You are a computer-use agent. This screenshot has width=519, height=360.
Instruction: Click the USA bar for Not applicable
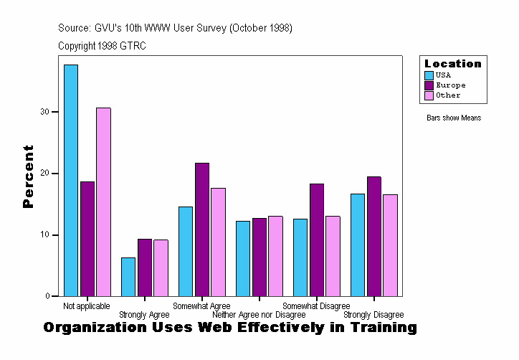(x=71, y=180)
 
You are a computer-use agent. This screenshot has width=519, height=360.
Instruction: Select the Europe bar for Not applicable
(x=87, y=239)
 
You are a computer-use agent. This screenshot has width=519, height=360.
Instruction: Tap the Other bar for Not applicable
(x=103, y=202)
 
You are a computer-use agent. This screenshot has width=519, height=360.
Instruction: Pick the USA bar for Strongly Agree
(x=128, y=277)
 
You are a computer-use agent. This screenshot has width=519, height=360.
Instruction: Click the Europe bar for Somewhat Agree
(x=201, y=229)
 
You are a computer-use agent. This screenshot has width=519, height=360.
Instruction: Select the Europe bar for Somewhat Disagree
(x=316, y=240)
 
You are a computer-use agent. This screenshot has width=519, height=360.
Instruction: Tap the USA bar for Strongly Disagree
(x=358, y=245)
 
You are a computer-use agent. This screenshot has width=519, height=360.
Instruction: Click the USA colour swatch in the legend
(x=429, y=75)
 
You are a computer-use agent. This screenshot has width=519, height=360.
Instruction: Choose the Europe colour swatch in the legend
(x=429, y=85)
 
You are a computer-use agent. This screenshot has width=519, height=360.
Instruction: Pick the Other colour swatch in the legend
(x=429, y=95)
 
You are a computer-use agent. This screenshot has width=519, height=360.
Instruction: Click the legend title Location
(x=452, y=64)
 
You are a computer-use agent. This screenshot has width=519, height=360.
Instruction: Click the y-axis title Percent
(x=28, y=176)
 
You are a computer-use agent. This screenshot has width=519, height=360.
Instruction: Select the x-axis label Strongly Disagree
(x=373, y=315)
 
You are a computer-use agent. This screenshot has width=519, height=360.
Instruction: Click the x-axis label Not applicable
(x=87, y=306)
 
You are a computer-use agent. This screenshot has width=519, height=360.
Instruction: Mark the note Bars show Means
(x=454, y=118)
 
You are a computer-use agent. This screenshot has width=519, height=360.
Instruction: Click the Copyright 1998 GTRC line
(x=103, y=46)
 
